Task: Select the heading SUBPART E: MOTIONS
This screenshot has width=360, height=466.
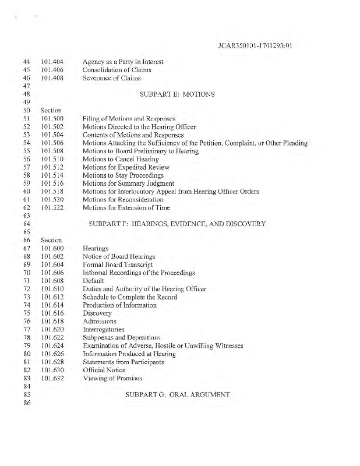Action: tap(178, 94)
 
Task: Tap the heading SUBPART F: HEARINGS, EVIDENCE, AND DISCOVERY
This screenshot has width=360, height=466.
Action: tap(177, 224)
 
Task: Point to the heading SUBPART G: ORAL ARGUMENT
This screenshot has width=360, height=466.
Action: tap(178, 394)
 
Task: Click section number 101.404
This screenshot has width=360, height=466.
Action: tap(52, 61)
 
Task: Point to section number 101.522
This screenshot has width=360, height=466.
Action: tap(52, 207)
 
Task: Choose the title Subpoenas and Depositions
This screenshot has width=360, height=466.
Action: tap(122, 338)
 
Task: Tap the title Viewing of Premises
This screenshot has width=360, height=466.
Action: tap(112, 379)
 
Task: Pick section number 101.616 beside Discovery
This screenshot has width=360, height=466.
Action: tap(52, 313)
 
